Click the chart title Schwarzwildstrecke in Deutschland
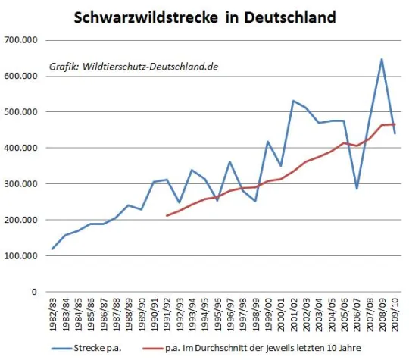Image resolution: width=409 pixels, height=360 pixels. coord(204,16)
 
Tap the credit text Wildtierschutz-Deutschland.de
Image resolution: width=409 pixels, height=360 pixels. coord(134,67)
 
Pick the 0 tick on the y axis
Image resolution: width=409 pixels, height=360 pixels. coord(34,292)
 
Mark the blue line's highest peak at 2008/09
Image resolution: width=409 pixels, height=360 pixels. coord(382,59)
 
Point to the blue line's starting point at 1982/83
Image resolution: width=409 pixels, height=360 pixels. coord(53,249)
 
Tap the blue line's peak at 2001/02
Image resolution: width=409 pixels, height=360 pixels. coord(293,101)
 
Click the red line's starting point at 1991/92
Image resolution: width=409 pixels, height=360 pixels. coord(167,216)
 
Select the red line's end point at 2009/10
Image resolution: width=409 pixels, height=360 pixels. coord(395,124)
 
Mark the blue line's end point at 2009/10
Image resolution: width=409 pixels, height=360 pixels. coord(395,133)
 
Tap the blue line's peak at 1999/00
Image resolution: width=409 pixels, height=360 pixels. coord(268,142)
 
